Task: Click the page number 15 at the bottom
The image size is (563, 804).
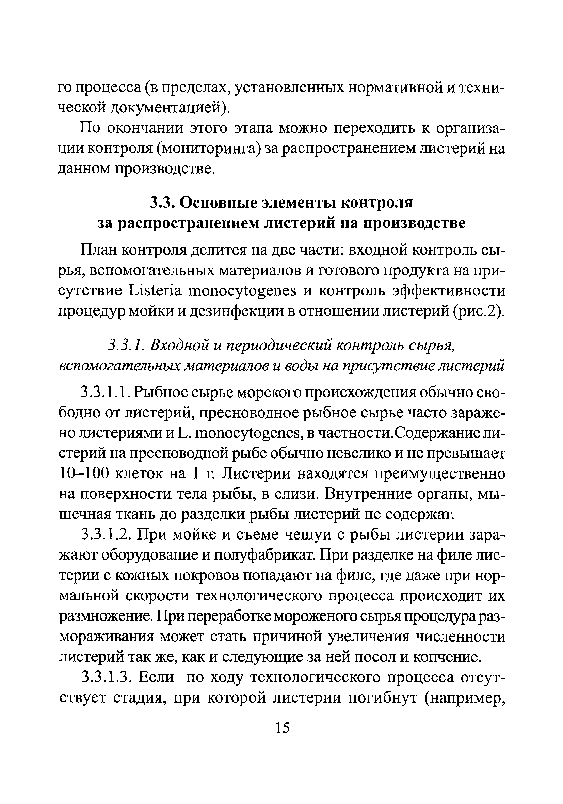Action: coord(282,728)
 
